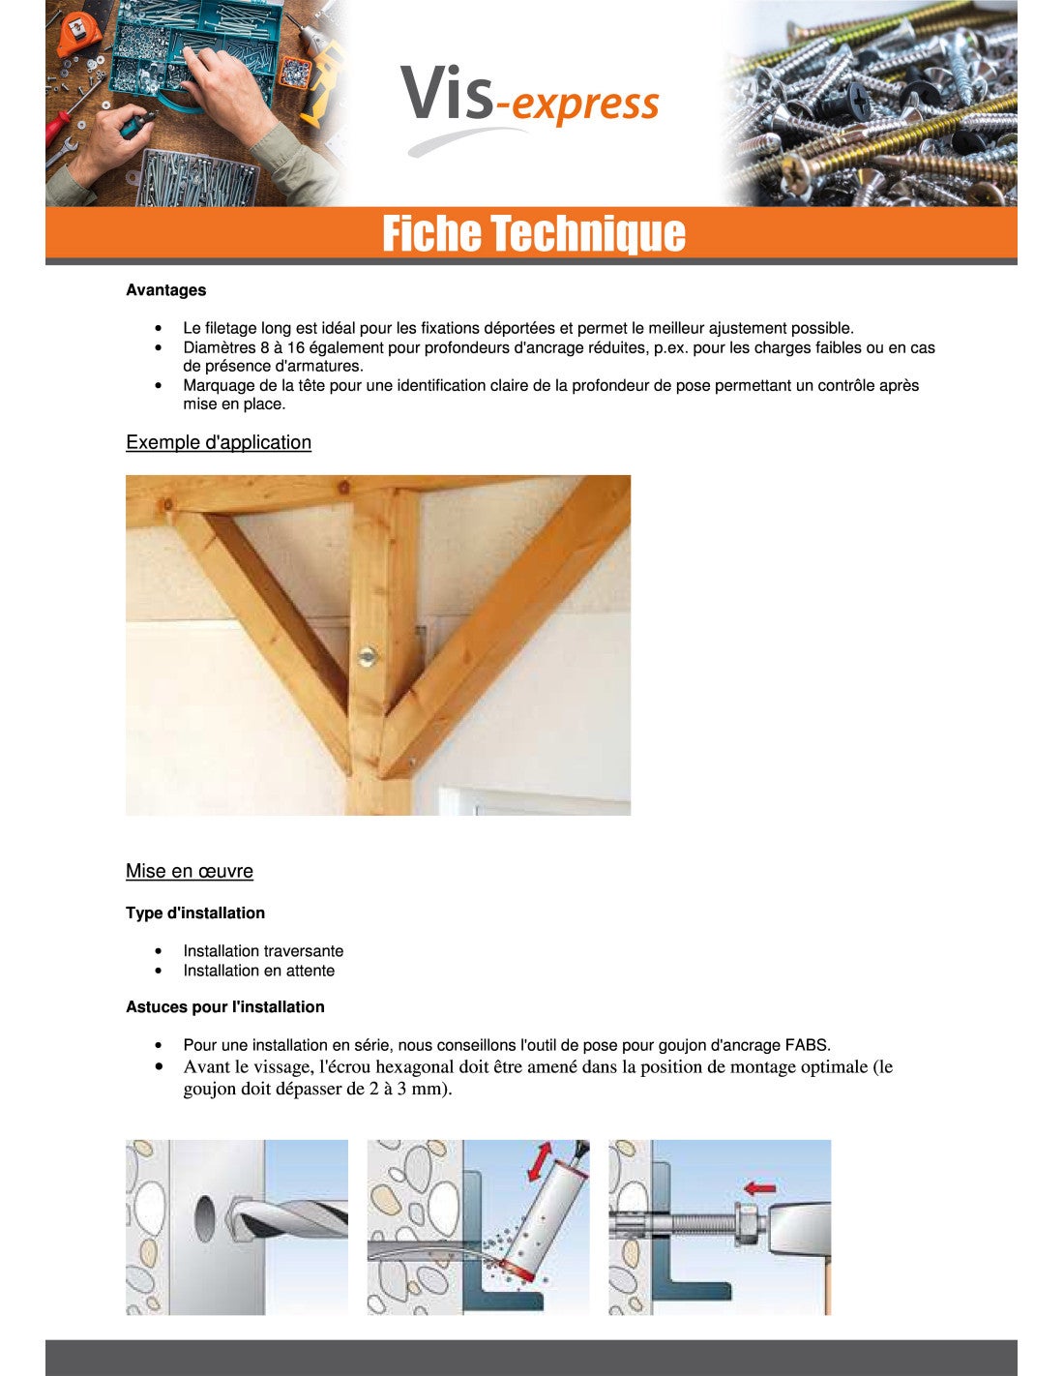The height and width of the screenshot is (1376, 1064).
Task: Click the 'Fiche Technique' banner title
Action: [x=533, y=234]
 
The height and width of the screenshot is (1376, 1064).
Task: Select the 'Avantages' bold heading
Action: [x=165, y=290]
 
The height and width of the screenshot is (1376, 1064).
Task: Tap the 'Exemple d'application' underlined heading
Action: [x=219, y=442]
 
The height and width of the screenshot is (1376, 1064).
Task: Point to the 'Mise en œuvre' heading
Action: [x=190, y=871]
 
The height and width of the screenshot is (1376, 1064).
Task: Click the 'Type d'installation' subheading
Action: [x=195, y=912]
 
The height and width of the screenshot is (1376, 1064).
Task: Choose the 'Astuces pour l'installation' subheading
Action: [x=225, y=1007]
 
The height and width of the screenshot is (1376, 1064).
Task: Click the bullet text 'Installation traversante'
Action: [x=263, y=951]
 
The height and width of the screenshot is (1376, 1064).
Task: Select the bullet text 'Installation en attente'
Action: [x=259, y=971]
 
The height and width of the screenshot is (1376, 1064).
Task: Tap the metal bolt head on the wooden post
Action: [x=368, y=657]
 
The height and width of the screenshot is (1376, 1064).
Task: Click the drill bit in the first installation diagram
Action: [x=290, y=1217]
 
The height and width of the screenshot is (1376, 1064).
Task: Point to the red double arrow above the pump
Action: [x=541, y=1160]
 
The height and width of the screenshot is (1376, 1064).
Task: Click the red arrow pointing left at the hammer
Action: [x=760, y=1187]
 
